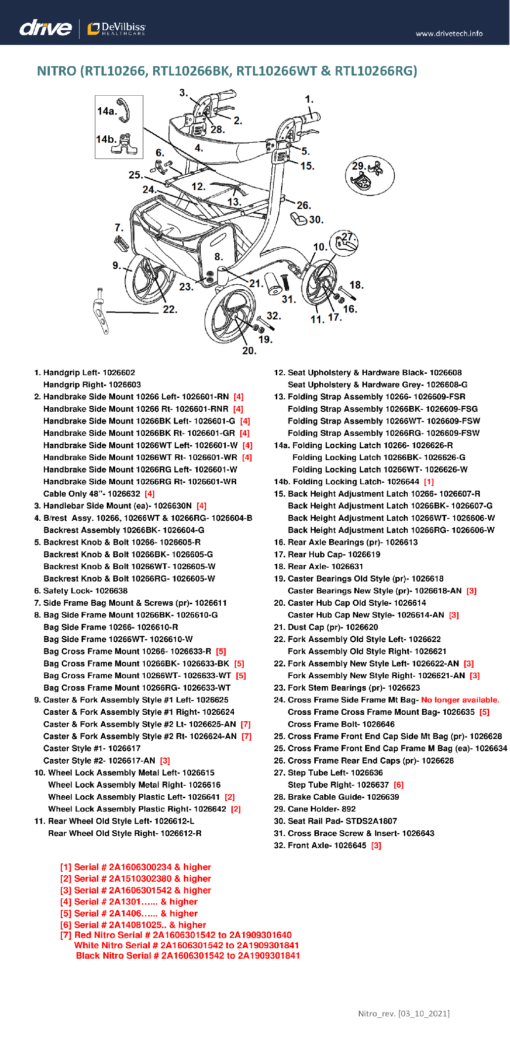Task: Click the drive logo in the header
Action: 45,28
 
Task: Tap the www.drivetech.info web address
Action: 449,34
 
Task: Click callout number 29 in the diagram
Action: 358,166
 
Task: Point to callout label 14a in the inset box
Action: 107,111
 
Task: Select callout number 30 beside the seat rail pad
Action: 316,220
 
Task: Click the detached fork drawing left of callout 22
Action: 101,311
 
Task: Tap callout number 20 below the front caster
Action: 249,350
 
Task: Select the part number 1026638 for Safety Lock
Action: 111,591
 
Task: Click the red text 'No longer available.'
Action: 460,700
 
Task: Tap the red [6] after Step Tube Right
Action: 399,785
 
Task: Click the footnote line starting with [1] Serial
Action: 135,867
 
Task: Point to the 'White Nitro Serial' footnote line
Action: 186,945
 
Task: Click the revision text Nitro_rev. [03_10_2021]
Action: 404,1013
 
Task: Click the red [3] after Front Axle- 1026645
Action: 376,846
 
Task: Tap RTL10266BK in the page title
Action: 192,71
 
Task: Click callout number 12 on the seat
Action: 198,187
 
